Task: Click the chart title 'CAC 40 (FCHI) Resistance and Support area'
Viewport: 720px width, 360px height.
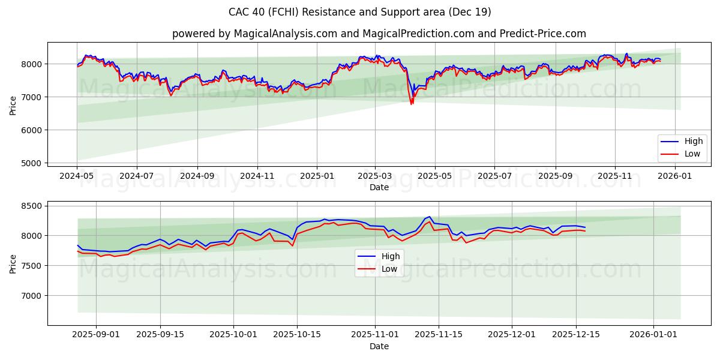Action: tap(359, 12)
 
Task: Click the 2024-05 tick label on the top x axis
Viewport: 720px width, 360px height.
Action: tap(77, 176)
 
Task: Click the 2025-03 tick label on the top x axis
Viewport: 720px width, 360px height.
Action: tap(375, 176)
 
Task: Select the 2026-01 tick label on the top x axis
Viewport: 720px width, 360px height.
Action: tap(675, 176)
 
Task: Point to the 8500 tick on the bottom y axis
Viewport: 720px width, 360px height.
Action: tap(33, 206)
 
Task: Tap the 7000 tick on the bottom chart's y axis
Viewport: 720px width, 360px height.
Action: tap(33, 296)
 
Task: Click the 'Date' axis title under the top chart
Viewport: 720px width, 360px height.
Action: tap(379, 187)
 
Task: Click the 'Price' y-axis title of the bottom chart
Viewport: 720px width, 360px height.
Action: tap(13, 263)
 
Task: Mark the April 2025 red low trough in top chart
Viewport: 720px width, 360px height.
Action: tap(411, 104)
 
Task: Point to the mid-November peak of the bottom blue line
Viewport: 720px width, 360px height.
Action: tap(430, 217)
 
